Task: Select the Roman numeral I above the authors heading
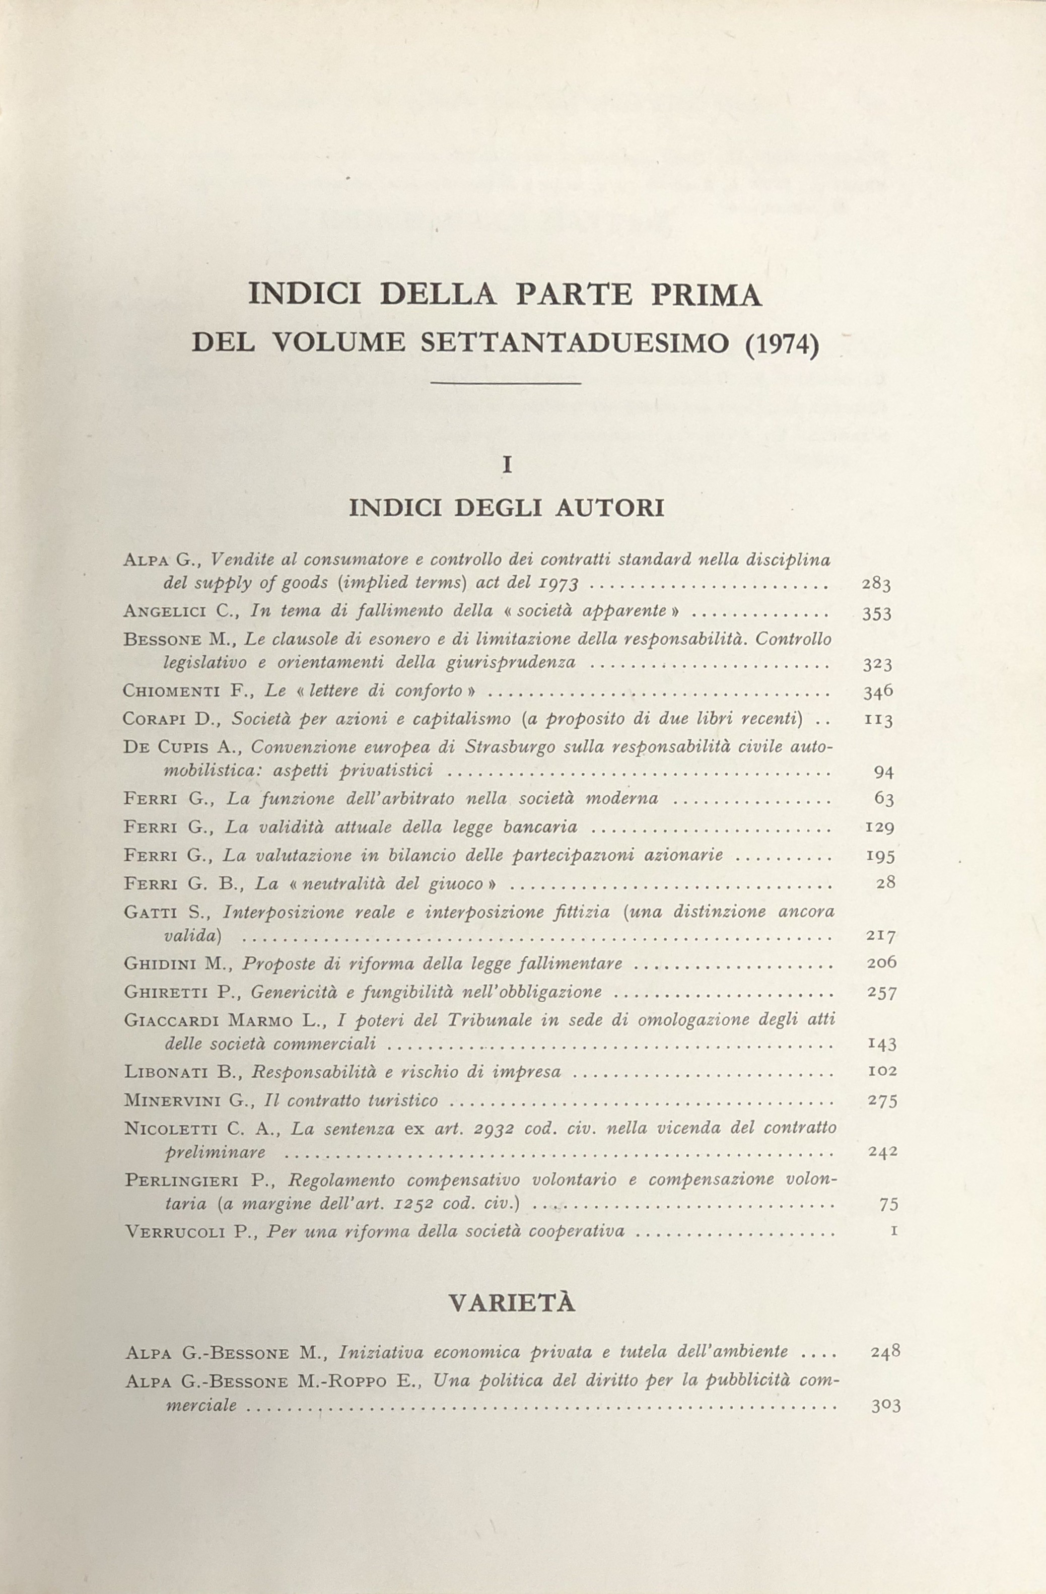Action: point(507,465)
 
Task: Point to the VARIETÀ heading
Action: point(512,1303)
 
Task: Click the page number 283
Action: point(876,585)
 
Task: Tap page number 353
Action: point(877,613)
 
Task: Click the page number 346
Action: point(878,692)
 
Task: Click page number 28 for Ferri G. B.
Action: point(885,883)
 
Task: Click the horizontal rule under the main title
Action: point(507,384)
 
